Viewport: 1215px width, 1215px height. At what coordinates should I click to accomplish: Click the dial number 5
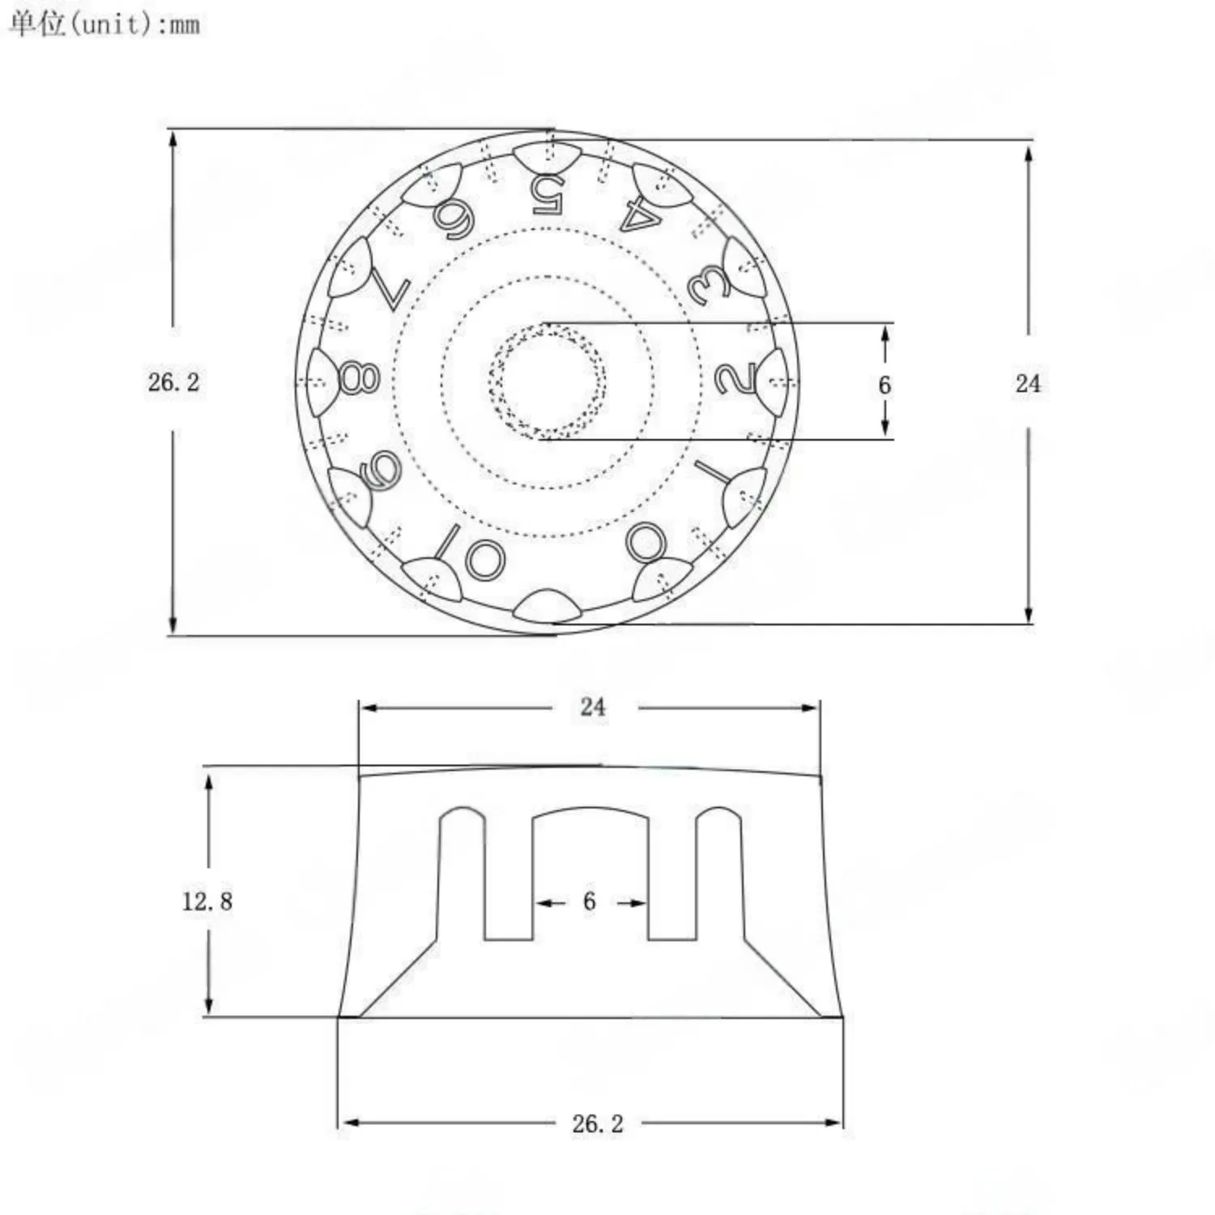tap(548, 194)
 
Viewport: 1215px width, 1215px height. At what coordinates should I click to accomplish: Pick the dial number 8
tap(359, 377)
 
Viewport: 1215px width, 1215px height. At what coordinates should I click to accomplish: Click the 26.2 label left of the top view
tap(173, 382)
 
